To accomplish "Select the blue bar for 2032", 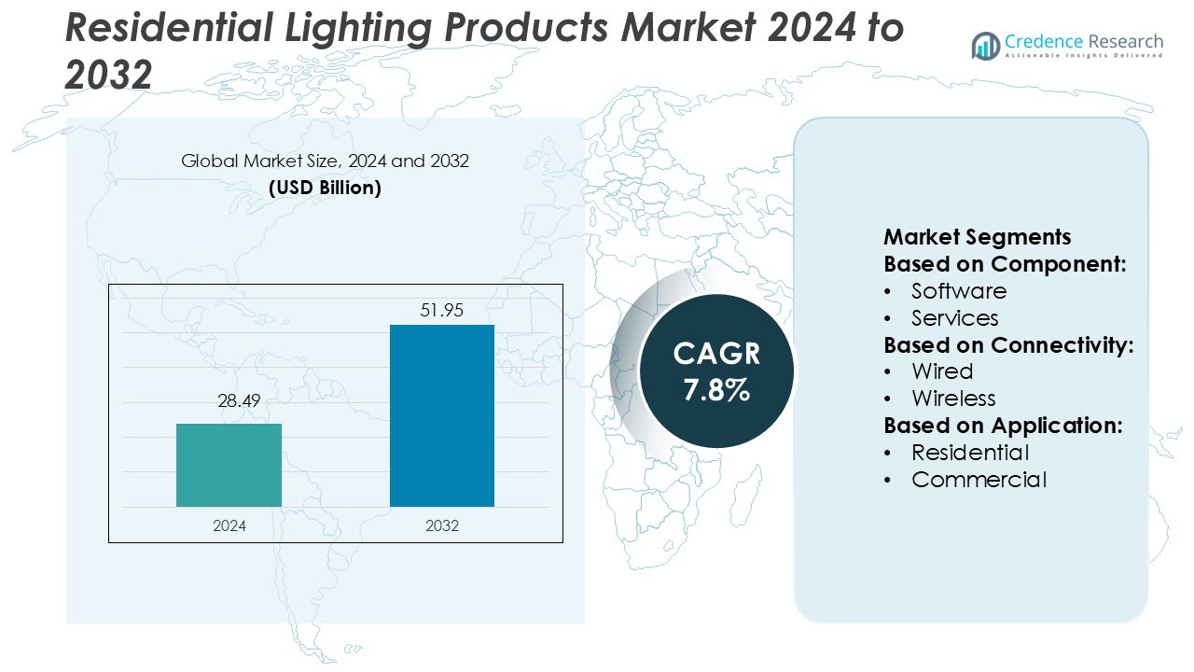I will (x=441, y=415).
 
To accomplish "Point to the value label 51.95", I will (x=441, y=310).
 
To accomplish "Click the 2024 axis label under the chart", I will (x=229, y=525).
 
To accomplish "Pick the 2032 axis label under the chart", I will (x=441, y=525).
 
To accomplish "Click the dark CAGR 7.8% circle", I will (x=716, y=371).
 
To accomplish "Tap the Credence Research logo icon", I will (x=985, y=45).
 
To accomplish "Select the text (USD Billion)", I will (x=325, y=188).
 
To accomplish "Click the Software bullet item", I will (x=958, y=291).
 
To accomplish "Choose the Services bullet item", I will (x=954, y=318).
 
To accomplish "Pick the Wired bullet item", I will (x=942, y=371).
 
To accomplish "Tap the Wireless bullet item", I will (x=953, y=399).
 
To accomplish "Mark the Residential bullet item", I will (x=970, y=453).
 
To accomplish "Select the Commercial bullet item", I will (x=979, y=480).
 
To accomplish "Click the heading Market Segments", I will (x=977, y=237).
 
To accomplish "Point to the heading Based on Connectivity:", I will (x=1008, y=345).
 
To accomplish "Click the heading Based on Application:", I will (x=1003, y=426).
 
